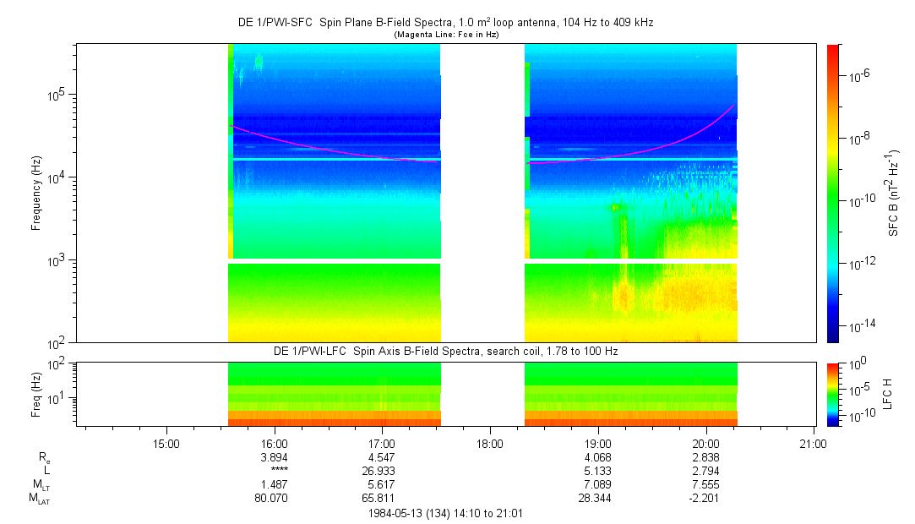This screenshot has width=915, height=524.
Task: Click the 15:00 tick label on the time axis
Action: pos(165,443)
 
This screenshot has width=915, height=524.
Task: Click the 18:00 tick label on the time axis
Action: pos(490,443)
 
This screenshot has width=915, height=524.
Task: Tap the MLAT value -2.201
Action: pos(705,499)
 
